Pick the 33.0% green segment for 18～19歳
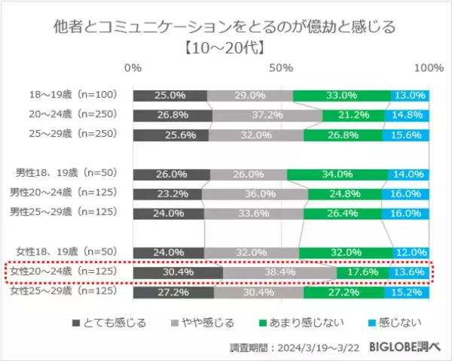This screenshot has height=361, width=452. (341, 96)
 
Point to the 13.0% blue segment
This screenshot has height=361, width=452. (410, 96)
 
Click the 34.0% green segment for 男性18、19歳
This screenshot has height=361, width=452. (337, 174)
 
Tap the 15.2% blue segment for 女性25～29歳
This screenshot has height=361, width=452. (407, 291)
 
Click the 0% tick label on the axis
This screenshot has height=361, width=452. (133, 68)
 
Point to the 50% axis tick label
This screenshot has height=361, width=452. (282, 68)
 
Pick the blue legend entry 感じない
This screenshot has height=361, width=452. (399, 323)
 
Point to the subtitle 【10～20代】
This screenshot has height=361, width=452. (226, 48)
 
